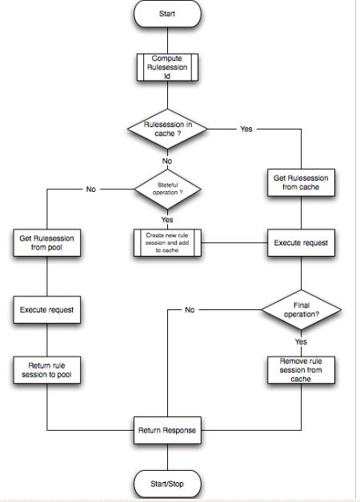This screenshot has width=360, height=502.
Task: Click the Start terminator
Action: click(167, 13)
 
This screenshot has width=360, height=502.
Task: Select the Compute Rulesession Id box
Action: click(167, 67)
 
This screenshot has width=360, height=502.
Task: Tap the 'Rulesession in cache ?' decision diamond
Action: click(167, 129)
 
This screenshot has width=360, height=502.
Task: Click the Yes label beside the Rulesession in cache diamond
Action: click(246, 129)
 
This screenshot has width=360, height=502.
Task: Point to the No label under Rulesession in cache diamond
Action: click(167, 161)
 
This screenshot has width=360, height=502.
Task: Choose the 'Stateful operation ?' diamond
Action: click(167, 189)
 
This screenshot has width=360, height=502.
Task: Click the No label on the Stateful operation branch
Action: click(90, 189)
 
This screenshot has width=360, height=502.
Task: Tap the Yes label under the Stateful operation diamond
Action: click(167, 219)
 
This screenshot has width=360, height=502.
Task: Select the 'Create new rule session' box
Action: click(167, 242)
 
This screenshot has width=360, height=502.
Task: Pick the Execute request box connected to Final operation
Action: click(301, 241)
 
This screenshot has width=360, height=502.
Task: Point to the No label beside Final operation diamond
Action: click(190, 309)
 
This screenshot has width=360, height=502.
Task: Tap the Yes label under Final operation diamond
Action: click(301, 341)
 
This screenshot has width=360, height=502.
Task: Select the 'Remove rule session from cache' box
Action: click(301, 369)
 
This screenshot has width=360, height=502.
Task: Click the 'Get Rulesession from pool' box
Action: click(47, 242)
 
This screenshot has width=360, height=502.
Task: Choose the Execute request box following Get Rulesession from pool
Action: click(47, 309)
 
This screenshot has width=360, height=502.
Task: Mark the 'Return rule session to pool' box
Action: click(47, 370)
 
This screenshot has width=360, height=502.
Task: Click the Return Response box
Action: click(167, 430)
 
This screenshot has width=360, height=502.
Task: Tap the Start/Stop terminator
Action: click(167, 483)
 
